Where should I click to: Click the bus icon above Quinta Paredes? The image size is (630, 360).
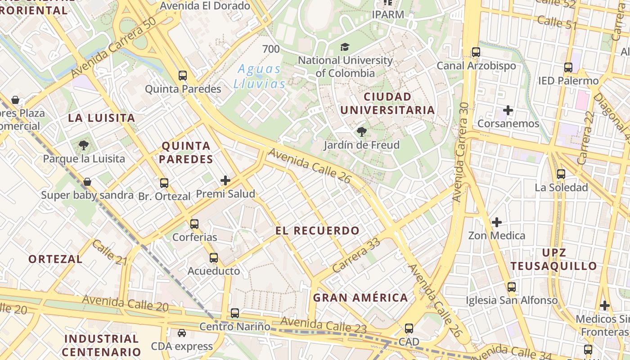(x=182, y=76)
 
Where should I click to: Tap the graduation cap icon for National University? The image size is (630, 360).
(x=345, y=47)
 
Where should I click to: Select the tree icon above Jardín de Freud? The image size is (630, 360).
(x=361, y=132)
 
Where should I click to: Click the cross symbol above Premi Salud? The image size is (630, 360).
(x=225, y=181)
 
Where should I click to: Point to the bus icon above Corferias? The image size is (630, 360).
(x=194, y=224)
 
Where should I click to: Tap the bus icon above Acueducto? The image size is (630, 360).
(x=214, y=258)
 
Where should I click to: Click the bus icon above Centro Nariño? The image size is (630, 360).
(x=235, y=313)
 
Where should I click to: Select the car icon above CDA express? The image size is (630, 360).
(x=182, y=333)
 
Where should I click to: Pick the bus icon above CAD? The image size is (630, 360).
(x=409, y=328)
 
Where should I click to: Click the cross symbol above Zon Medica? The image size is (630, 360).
(x=497, y=222)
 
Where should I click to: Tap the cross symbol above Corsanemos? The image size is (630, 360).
(x=508, y=110)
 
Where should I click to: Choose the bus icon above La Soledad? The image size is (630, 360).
(x=561, y=174)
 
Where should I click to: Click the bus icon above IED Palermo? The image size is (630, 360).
(x=568, y=68)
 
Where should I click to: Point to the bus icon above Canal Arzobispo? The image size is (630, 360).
(x=476, y=52)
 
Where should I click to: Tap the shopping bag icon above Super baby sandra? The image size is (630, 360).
(x=87, y=182)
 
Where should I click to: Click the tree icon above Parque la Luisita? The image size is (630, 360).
(x=83, y=145)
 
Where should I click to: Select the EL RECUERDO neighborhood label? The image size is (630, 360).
(x=318, y=231)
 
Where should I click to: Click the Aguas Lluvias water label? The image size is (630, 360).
(x=259, y=76)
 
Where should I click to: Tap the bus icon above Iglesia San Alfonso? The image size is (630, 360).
(x=512, y=287)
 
